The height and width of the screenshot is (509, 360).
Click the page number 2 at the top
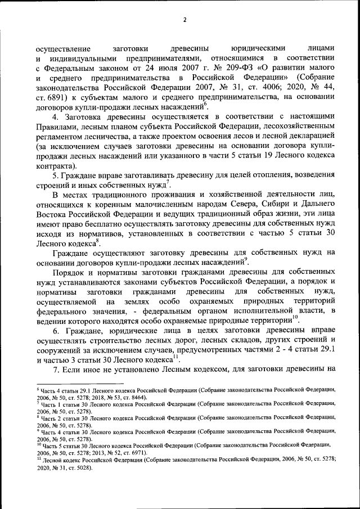pyautogui.click(x=184, y=21)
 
